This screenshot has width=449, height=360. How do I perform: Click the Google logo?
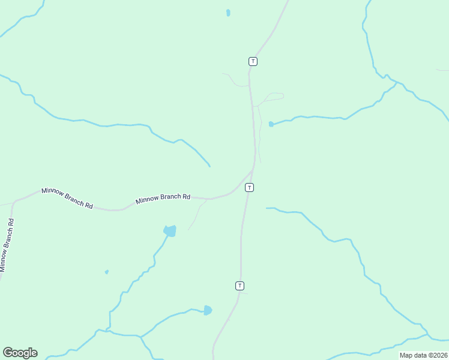(20, 353)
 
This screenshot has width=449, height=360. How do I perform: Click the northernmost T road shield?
(253, 61)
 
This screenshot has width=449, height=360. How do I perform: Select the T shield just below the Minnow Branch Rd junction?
(249, 187)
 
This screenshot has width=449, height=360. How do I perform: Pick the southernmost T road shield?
(240, 286)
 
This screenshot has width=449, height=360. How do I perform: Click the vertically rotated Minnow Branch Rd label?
(7, 245)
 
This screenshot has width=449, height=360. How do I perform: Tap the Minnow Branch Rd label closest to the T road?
(163, 198)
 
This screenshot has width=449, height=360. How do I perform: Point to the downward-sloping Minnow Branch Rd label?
(67, 199)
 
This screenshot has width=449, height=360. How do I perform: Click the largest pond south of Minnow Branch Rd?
(170, 231)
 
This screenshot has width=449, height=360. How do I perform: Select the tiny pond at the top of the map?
(228, 13)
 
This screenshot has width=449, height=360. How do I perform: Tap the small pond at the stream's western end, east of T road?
(271, 124)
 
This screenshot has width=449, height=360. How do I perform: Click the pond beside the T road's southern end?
(207, 310)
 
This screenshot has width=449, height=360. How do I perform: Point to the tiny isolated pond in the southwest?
(107, 272)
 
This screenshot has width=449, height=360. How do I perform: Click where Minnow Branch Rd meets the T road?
(253, 170)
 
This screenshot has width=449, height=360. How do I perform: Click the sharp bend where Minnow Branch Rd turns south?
(14, 202)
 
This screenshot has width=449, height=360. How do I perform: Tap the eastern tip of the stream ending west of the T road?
(209, 166)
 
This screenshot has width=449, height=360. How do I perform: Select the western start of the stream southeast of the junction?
(267, 208)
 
